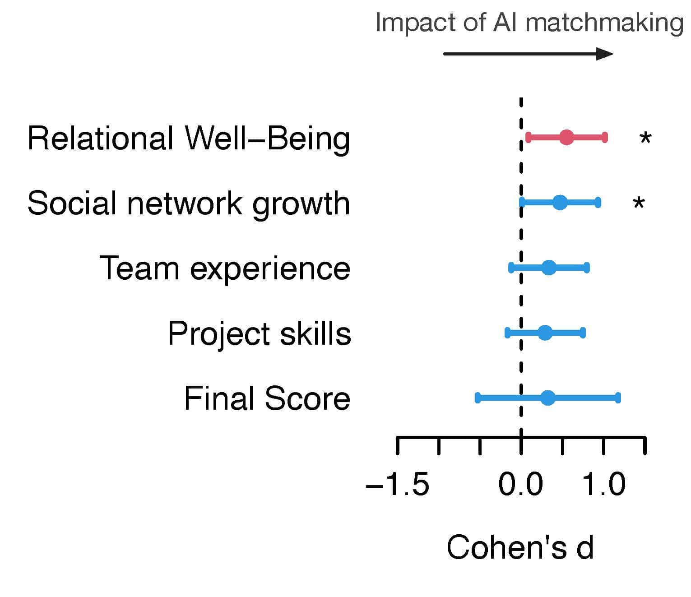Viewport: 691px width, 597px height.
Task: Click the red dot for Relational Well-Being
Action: pyautogui.click(x=566, y=138)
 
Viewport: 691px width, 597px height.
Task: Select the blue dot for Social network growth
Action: pyautogui.click(x=560, y=203)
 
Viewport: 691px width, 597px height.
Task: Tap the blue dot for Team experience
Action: pyautogui.click(x=549, y=268)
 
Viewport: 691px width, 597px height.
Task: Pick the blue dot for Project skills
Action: pyautogui.click(x=545, y=333)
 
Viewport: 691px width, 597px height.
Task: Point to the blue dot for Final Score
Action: pyautogui.click(x=548, y=398)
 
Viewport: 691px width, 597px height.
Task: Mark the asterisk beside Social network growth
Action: pyautogui.click(x=638, y=204)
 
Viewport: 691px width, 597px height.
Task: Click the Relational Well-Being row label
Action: pyautogui.click(x=189, y=138)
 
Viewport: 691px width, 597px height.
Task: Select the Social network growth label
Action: pyautogui.click(x=189, y=204)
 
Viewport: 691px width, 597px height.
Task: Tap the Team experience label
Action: pyautogui.click(x=225, y=268)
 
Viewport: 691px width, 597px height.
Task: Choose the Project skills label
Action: pyautogui.click(x=260, y=334)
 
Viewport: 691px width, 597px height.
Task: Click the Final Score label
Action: pyautogui.click(x=267, y=399)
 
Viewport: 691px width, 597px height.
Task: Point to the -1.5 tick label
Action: pyautogui.click(x=397, y=485)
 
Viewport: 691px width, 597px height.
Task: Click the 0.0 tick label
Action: pyautogui.click(x=521, y=485)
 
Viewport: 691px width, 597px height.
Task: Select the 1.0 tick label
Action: pyautogui.click(x=604, y=485)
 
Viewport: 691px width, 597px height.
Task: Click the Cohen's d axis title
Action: pyautogui.click(x=520, y=547)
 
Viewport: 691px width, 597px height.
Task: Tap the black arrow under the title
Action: pyautogui.click(x=528, y=54)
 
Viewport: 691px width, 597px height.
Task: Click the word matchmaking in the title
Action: pyautogui.click(x=604, y=23)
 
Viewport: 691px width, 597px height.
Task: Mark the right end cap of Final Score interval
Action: pyautogui.click(x=618, y=398)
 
